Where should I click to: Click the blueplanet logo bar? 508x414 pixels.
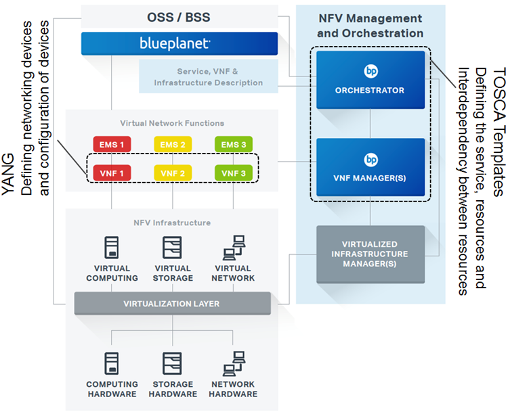(179, 44)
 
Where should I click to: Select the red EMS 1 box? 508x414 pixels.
(112, 144)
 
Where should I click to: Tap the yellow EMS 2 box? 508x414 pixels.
(173, 144)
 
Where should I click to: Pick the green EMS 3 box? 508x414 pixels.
(234, 144)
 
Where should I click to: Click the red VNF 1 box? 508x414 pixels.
(112, 172)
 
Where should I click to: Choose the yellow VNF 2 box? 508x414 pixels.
(173, 172)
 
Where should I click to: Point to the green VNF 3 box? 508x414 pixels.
(234, 172)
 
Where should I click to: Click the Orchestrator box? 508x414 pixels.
(371, 80)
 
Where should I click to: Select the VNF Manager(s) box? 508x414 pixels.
(371, 168)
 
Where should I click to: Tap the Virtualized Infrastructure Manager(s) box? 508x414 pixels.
(371, 254)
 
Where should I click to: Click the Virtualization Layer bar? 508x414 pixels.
(172, 304)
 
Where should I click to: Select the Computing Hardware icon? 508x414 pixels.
(112, 363)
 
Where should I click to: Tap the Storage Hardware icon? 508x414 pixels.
(173, 363)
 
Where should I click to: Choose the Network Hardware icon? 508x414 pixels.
(234, 363)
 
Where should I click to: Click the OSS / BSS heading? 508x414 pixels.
(179, 16)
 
